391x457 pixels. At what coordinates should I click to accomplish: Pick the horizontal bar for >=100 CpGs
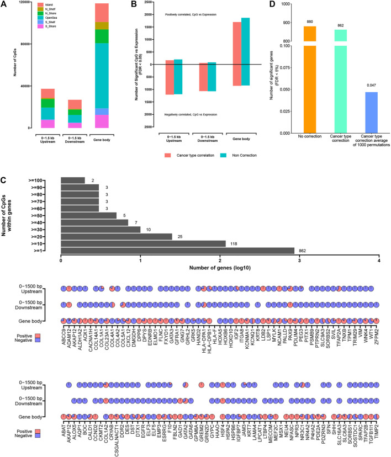[x=72, y=180]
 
